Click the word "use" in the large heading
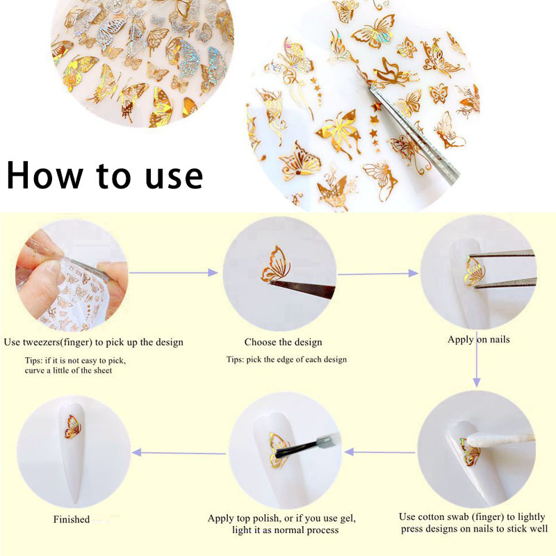(x=166, y=177)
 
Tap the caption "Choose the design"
(x=283, y=342)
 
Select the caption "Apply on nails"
(x=479, y=340)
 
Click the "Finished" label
(x=72, y=519)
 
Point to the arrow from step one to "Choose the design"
(x=174, y=273)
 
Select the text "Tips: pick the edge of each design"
(x=286, y=359)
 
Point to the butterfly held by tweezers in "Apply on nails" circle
(x=474, y=270)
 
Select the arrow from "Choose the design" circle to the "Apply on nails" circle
(x=379, y=273)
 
